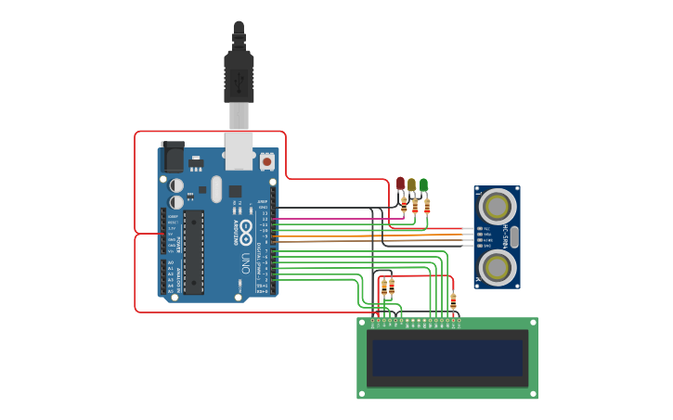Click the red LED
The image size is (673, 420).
point(401,184)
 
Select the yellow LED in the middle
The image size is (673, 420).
point(412,185)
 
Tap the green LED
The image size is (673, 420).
point(423,185)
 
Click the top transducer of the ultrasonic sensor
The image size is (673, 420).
point(498,204)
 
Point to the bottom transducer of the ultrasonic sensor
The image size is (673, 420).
point(498,267)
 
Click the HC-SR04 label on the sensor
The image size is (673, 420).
point(506,235)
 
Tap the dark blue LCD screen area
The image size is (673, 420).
point(447,358)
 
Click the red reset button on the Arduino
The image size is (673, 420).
point(267,161)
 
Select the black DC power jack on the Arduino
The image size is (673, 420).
point(173,156)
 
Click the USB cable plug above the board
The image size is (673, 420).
point(239,79)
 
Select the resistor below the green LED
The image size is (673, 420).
point(427,206)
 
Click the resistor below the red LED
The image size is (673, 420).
point(403,206)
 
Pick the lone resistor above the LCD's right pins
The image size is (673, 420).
point(453,301)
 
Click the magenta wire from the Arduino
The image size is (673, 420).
point(325,219)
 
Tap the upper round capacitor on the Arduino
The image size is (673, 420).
point(175,185)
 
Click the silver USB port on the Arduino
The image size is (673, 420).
point(239,149)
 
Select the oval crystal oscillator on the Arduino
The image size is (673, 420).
point(216,189)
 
